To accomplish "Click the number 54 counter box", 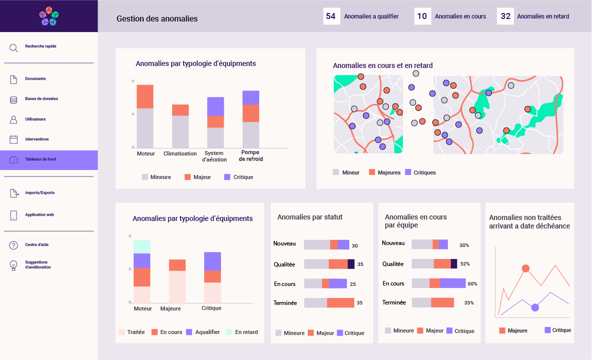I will point(331,16).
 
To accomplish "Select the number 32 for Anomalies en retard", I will point(505,16).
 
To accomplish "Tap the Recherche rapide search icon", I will point(14,48).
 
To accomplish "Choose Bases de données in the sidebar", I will point(41,99).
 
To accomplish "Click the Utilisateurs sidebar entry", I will point(35,119).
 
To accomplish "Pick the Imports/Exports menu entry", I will point(40,193).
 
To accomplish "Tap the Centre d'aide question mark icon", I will point(14,245).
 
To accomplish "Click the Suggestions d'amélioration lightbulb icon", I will point(14,265).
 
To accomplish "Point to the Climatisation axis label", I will point(180,153).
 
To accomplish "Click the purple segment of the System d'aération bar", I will point(216,106).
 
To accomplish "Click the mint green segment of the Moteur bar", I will point(142,246).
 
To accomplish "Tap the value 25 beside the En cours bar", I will point(353,284).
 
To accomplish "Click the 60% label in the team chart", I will point(472,284).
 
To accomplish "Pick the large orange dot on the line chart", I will point(525,268).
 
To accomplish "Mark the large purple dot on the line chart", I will point(535,307).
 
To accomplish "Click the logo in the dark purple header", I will point(49,16).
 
